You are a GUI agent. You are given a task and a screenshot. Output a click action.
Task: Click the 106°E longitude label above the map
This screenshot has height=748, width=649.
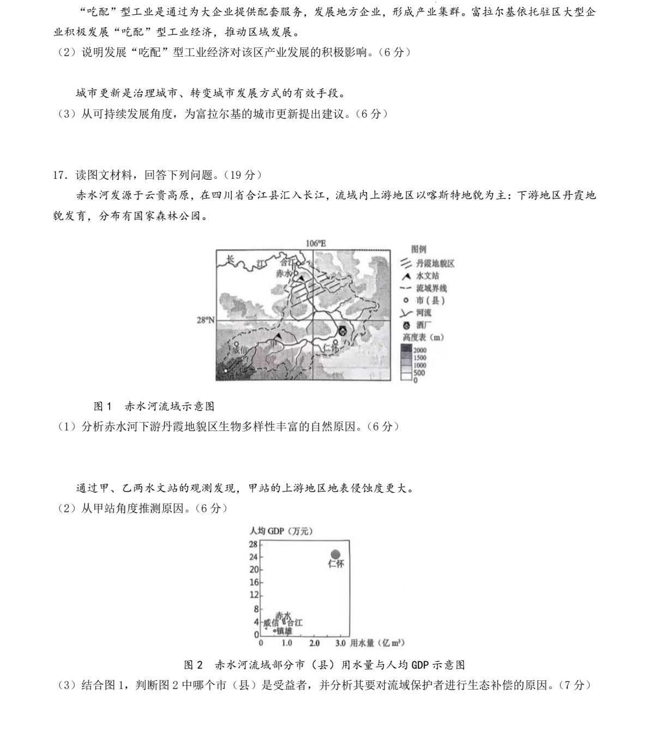(316, 244)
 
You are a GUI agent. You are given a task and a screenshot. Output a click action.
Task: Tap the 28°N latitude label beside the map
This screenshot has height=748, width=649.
(205, 320)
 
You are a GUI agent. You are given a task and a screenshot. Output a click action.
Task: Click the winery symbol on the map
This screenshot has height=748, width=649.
(342, 330)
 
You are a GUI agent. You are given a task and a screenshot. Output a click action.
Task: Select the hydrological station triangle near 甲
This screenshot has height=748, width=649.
(279, 337)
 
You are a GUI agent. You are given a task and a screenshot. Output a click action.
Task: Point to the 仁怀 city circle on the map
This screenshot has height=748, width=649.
(335, 344)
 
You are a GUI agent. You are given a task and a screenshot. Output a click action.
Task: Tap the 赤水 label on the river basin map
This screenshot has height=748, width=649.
(284, 273)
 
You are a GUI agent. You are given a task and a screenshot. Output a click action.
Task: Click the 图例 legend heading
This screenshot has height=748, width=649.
(419, 249)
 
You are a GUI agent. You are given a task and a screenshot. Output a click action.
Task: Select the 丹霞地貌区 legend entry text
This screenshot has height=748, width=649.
(435, 264)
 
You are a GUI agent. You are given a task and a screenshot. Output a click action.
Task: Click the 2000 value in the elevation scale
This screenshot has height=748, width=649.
(420, 350)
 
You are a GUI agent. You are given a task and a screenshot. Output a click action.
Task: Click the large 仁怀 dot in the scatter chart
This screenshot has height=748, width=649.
(335, 554)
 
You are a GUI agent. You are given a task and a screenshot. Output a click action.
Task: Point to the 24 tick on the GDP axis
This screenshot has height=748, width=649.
(253, 557)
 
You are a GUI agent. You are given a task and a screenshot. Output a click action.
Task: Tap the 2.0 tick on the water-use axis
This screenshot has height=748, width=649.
(314, 643)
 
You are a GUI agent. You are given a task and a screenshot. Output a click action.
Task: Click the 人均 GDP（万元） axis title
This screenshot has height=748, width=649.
(281, 531)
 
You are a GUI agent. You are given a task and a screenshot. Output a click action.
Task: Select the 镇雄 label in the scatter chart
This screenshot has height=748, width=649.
(284, 631)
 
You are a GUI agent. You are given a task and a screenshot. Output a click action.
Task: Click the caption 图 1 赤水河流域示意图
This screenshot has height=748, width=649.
(154, 406)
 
